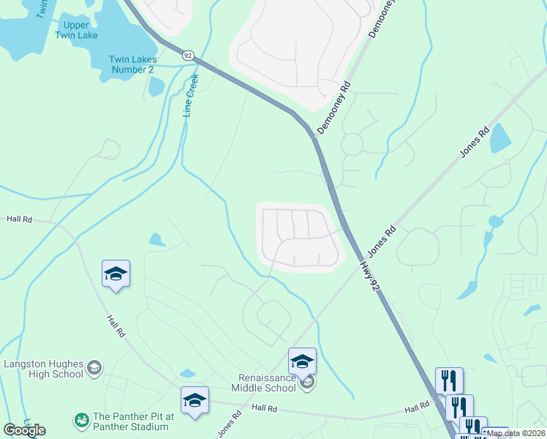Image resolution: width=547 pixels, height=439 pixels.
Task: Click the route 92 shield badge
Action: [188, 56]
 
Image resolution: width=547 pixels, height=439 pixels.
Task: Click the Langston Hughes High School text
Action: [43, 369]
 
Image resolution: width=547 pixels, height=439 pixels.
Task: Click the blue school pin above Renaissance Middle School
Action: [302, 361]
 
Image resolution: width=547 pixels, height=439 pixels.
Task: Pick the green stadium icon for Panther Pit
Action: [80, 420]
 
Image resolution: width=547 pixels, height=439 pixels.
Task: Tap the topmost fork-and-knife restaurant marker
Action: [449, 380]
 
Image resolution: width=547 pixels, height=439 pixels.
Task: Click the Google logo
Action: [24, 430]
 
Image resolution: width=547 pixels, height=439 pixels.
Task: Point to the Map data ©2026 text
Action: [516, 433]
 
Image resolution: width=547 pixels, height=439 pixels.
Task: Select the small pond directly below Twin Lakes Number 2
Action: [156, 86]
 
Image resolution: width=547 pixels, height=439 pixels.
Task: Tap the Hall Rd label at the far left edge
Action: [19, 218]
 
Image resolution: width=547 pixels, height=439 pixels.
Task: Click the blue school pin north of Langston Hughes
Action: [116, 274]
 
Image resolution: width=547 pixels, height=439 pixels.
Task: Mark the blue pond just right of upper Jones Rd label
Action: [500, 137]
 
